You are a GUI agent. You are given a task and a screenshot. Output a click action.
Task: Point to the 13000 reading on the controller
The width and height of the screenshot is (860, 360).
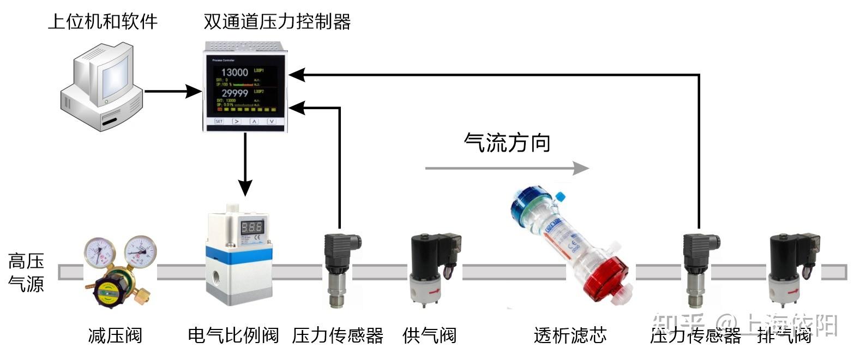pyautogui.click(x=234, y=72)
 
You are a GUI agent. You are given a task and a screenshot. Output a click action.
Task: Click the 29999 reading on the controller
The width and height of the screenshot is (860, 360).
pyautogui.click(x=234, y=93)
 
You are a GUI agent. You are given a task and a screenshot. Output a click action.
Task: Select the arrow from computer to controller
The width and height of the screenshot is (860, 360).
pyautogui.click(x=172, y=91)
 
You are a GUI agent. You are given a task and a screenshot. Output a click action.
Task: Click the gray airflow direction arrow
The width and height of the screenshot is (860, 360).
pyautogui.click(x=507, y=167)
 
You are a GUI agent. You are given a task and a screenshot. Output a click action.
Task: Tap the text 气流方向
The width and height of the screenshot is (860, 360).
pyautogui.click(x=507, y=142)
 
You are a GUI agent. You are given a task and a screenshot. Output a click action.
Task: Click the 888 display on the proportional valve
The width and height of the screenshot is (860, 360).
pyautogui.click(x=251, y=227)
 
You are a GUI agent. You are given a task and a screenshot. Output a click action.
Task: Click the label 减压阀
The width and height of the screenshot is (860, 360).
pyautogui.click(x=115, y=335)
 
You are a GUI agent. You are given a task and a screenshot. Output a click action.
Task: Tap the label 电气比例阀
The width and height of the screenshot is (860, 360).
pyautogui.click(x=233, y=335)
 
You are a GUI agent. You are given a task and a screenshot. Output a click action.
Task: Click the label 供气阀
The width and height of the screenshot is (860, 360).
pyautogui.click(x=429, y=335)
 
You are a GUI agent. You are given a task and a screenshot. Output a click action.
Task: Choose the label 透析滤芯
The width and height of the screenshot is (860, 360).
pyautogui.click(x=570, y=335)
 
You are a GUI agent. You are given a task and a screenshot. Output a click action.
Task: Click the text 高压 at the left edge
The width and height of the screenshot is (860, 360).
pyautogui.click(x=26, y=261)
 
